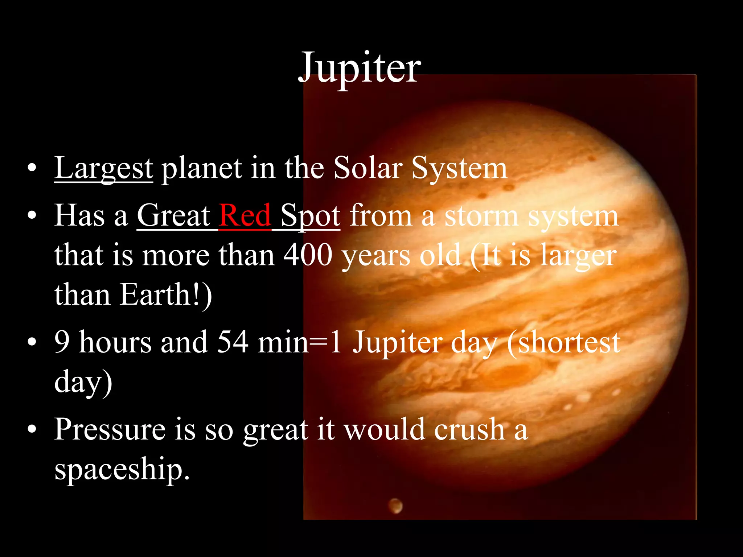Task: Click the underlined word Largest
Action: coord(103,169)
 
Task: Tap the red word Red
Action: coord(245,216)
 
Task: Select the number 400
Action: coord(308,255)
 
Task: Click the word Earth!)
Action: coord(166,294)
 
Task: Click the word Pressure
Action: coord(110,430)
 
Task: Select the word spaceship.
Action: coord(122,470)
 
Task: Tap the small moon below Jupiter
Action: coord(395,505)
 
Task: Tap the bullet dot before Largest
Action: coord(32,168)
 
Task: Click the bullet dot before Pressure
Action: coord(32,429)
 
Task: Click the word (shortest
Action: coord(563,343)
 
